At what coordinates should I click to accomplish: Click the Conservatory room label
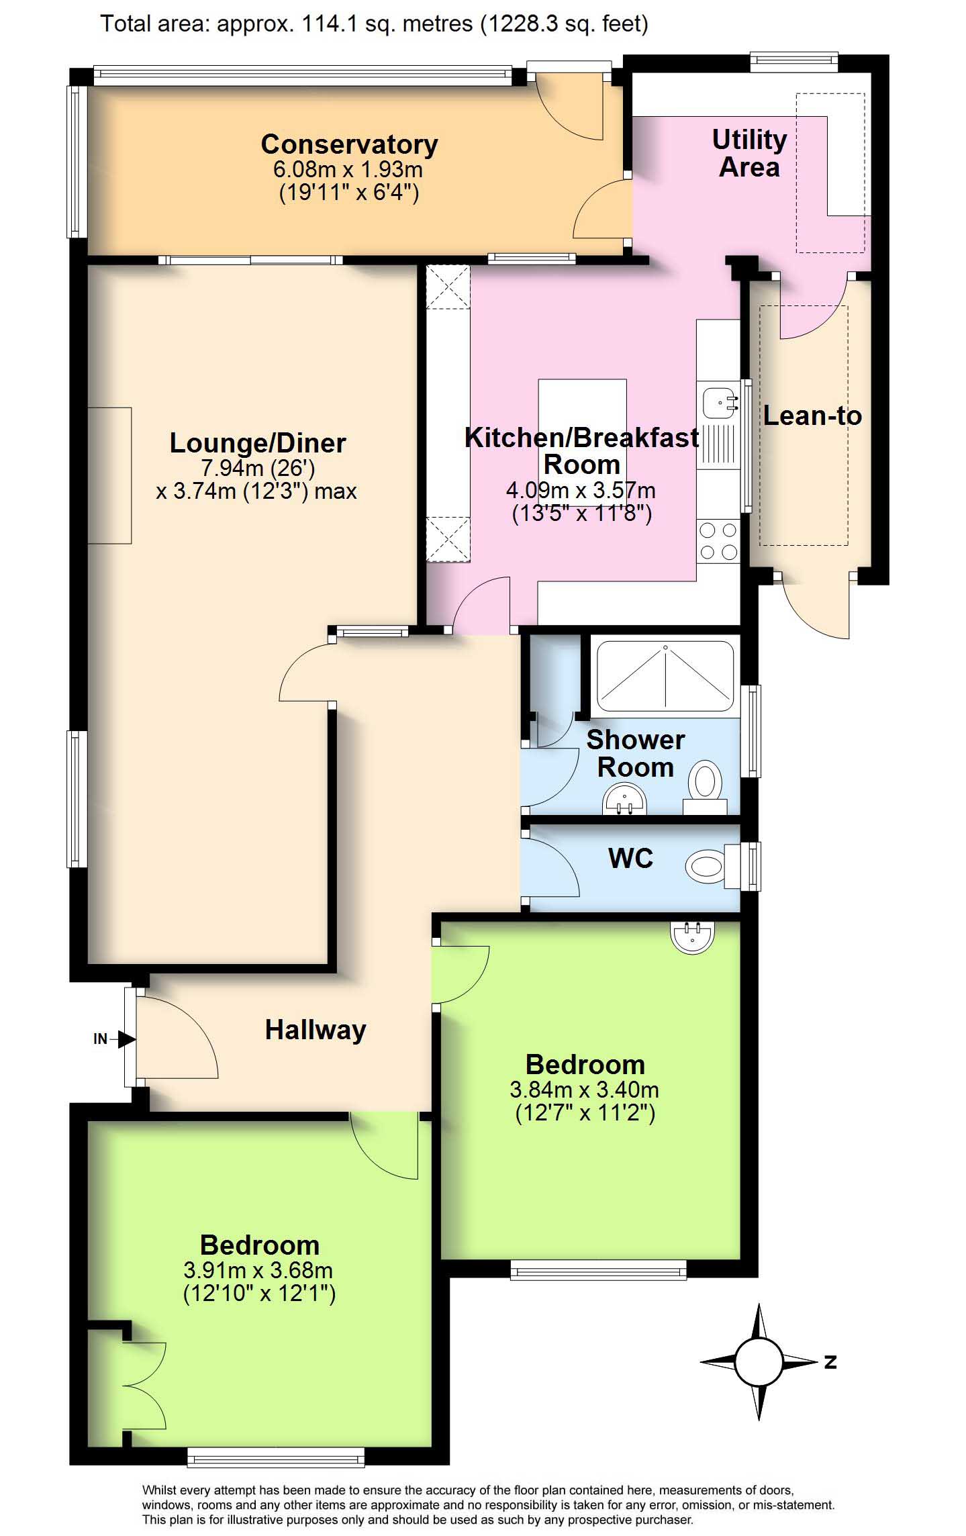[349, 144]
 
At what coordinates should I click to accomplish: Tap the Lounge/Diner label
[258, 443]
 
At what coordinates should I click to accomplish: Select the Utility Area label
[749, 153]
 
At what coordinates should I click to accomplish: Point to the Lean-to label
[812, 416]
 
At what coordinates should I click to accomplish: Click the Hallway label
[316, 1030]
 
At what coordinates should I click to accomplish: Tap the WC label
[630, 858]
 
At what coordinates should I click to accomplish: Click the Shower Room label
[635, 753]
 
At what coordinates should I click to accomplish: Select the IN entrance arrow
[115, 1039]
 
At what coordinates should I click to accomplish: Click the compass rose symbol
[759, 1362]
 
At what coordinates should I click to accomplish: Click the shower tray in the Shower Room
[665, 677]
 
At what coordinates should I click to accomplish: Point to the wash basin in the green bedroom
[693, 937]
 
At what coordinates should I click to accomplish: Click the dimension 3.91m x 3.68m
[258, 1269]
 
